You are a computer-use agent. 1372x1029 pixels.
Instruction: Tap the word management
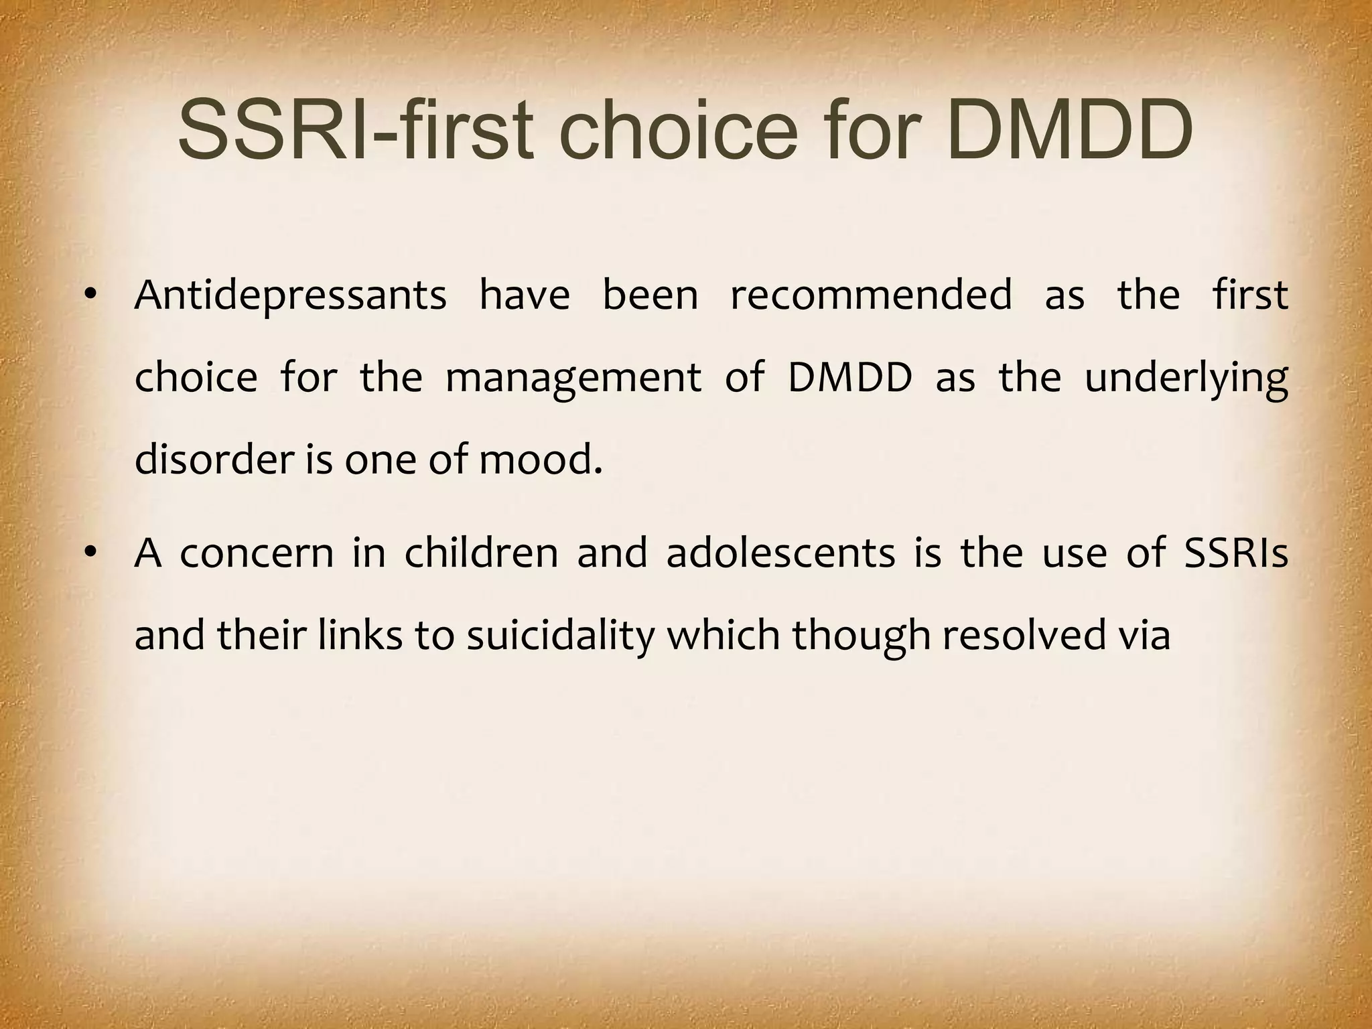(x=573, y=378)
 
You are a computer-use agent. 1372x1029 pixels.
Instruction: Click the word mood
(x=540, y=460)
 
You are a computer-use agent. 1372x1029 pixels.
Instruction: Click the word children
(x=481, y=553)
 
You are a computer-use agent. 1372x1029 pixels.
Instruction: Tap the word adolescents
(x=780, y=553)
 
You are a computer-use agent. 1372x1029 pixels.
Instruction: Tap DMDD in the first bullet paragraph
(x=849, y=378)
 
